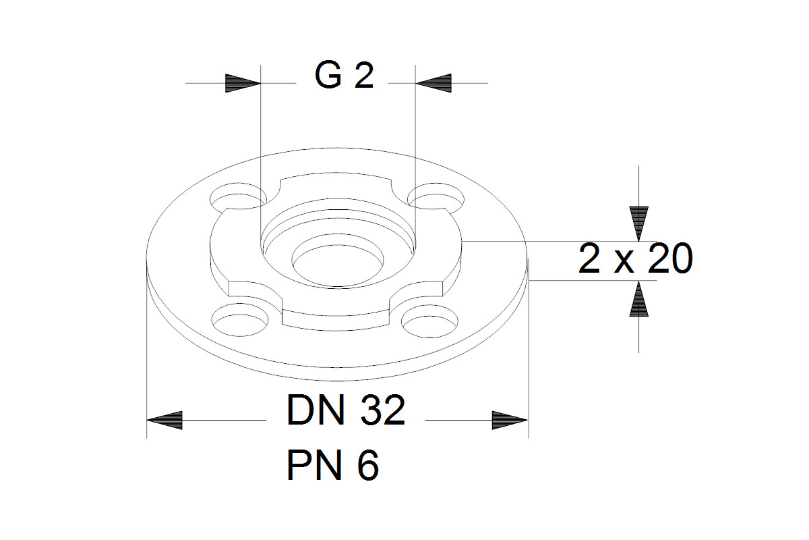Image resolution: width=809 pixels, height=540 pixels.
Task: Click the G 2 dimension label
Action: pos(344,76)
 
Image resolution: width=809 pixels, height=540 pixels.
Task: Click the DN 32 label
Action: pos(346,410)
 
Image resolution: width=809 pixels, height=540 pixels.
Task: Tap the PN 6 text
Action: pos(332,465)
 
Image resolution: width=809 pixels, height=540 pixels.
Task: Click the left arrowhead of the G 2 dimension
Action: pos(243,84)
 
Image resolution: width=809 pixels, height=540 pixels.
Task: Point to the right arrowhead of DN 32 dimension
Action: pos(510,420)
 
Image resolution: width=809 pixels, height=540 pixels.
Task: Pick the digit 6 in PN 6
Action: pos(367,465)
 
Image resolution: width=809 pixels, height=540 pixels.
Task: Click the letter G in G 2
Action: pos(328,76)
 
